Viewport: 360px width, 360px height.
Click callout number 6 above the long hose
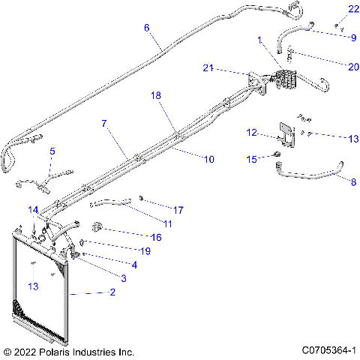coord(147,28)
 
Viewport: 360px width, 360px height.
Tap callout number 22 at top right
coord(332,9)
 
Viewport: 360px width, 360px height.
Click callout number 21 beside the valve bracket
coord(209,68)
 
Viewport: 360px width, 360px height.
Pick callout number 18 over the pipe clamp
coord(156,97)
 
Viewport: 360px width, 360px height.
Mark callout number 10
coord(208,159)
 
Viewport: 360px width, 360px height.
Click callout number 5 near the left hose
coord(52,151)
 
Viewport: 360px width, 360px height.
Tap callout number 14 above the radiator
coord(33,209)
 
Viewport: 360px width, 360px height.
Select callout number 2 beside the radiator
coord(112,292)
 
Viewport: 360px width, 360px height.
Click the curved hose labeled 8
coord(315,178)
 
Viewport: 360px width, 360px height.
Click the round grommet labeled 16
coord(97,227)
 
